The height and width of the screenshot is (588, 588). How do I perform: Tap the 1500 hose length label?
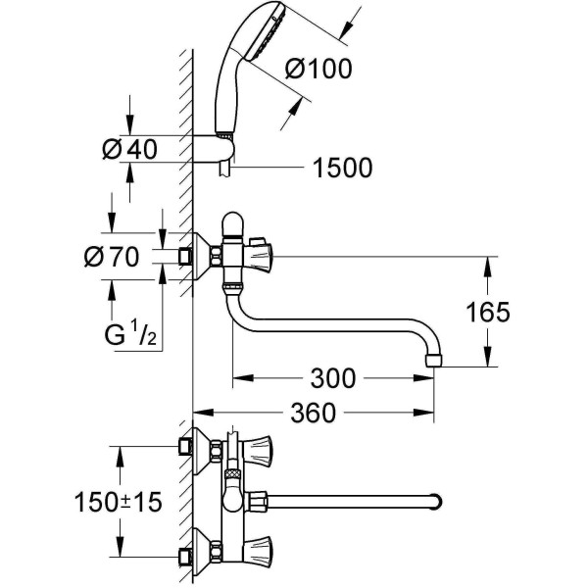click(343, 169)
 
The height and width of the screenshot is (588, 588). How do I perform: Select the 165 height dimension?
click(488, 312)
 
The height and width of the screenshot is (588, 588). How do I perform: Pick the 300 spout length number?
click(332, 376)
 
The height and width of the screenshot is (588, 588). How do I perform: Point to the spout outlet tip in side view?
click(434, 360)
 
